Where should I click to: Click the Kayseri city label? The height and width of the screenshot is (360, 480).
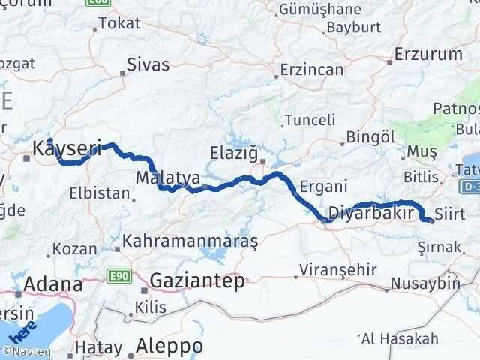[x=67, y=150]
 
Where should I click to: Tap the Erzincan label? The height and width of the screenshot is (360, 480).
[x=311, y=70]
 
